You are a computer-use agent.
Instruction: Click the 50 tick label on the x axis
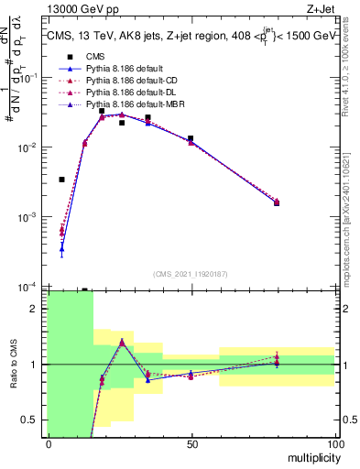click(191, 444)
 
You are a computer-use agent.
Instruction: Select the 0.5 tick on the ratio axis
click(34, 420)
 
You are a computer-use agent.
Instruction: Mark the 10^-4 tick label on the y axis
click(30, 287)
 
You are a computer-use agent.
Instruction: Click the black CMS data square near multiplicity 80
click(277, 202)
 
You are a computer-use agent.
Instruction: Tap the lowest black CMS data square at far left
click(61, 180)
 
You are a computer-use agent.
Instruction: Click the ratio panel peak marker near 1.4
click(122, 342)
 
